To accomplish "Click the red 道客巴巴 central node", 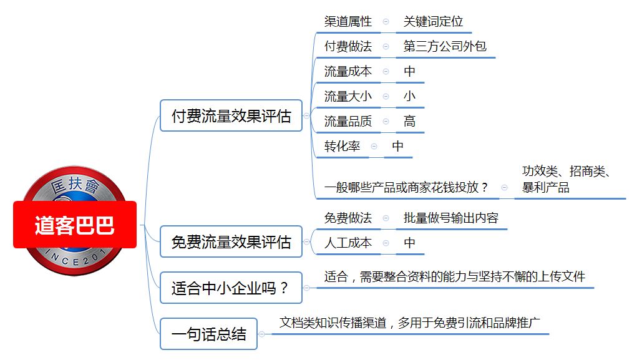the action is [75, 225].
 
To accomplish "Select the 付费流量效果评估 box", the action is [231, 116].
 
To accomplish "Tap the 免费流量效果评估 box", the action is [231, 241].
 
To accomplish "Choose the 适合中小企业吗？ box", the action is [231, 288].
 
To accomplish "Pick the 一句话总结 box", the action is [209, 334].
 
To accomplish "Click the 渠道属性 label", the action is [348, 22].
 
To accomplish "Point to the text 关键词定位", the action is [433, 22].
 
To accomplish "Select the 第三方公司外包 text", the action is [445, 46].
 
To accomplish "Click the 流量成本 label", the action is [348, 72].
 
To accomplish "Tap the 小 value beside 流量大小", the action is [409, 96].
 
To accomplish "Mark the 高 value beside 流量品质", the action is [409, 121].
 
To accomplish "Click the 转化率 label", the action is [342, 146].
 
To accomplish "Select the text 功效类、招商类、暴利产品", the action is [566, 179].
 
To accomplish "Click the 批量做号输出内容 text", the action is [451, 218].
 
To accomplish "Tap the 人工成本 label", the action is [348, 243].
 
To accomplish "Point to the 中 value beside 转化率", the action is [397, 146].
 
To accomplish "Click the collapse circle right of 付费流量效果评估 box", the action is [307, 116].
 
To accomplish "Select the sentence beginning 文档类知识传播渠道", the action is [409, 323].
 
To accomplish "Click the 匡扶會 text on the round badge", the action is [75, 185].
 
